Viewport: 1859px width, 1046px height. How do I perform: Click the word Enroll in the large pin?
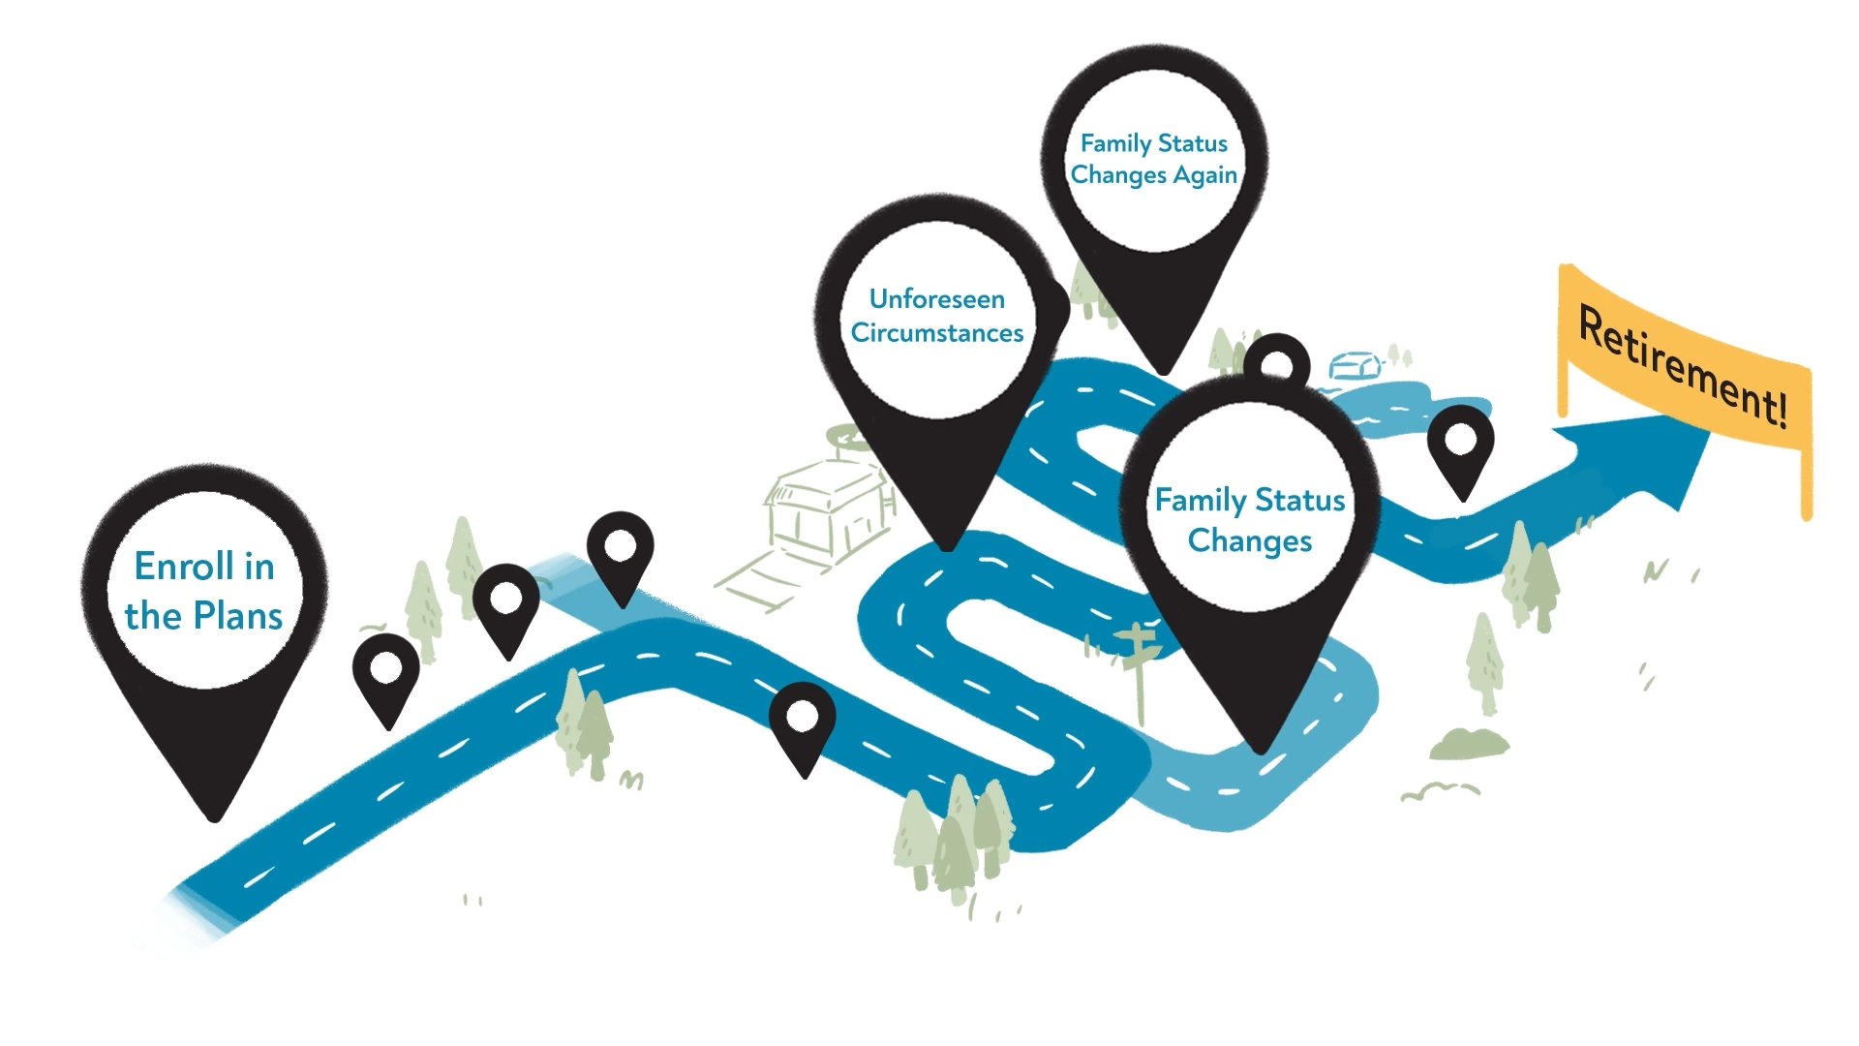[x=203, y=567]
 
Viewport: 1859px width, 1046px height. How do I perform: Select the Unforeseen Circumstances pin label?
[x=936, y=316]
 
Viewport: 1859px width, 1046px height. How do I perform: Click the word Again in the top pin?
[x=1205, y=175]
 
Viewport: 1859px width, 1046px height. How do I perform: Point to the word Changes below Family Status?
[x=1249, y=540]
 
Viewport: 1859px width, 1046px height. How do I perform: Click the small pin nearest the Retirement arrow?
[x=1461, y=448]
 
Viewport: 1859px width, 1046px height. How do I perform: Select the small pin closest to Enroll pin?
[x=386, y=675]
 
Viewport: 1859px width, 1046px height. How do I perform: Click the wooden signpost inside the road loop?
[x=1140, y=659]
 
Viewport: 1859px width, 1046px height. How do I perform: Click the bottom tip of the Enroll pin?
[x=215, y=816]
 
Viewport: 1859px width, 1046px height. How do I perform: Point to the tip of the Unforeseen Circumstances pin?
[x=947, y=547]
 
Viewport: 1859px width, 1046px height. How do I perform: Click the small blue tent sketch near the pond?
[x=1356, y=366]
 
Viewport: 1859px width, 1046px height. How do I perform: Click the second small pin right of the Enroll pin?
[x=505, y=605]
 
